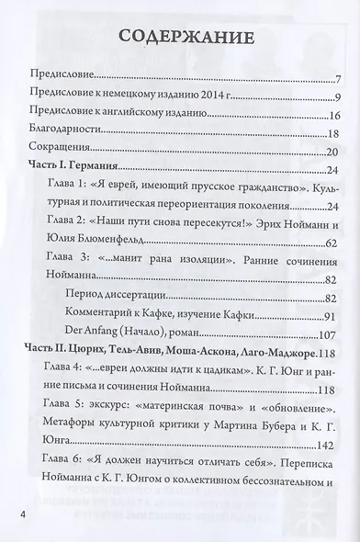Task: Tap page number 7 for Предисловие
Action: (337, 79)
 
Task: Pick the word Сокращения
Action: (62, 151)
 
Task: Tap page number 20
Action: (334, 151)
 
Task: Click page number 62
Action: (334, 241)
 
